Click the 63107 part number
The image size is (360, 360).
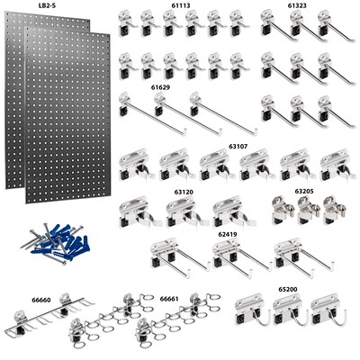(x=238, y=144)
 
